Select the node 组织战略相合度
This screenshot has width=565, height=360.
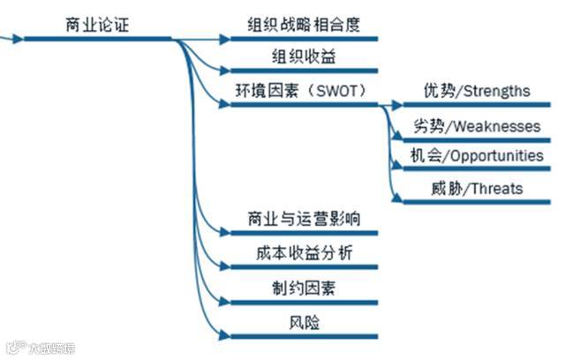pos(304,24)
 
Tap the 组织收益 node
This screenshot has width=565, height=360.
pos(303,56)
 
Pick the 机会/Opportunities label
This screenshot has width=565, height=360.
pos(477,155)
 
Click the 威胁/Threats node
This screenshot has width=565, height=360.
pos(464,188)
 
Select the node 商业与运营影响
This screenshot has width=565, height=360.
pos(303,219)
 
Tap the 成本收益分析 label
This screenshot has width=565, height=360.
pos(303,253)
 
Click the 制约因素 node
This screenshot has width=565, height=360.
pos(303,288)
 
